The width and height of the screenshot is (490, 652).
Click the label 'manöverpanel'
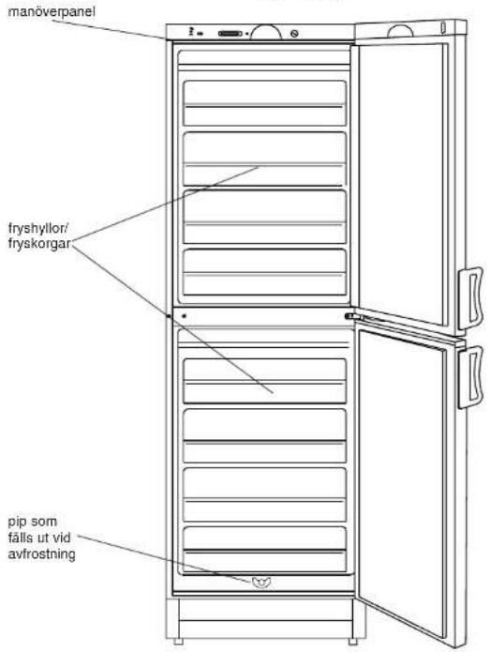(x=52, y=11)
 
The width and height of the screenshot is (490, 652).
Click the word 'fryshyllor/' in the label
(x=37, y=228)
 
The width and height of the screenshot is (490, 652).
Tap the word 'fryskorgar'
(x=39, y=244)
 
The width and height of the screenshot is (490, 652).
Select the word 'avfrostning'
(x=41, y=554)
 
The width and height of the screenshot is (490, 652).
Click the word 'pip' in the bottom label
(x=16, y=523)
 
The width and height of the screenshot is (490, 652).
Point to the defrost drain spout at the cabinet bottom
(x=261, y=583)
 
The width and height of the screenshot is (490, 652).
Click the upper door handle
(x=470, y=298)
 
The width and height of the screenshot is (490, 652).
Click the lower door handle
(x=470, y=377)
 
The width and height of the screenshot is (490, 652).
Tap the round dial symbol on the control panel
(x=294, y=34)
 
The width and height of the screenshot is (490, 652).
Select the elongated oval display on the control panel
(x=230, y=33)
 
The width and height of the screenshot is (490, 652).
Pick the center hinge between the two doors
(x=351, y=316)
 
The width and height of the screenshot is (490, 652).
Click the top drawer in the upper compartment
(x=264, y=103)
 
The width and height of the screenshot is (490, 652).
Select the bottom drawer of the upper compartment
(x=264, y=272)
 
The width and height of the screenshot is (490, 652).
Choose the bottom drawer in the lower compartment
(x=264, y=550)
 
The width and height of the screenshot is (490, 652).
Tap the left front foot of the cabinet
(x=178, y=641)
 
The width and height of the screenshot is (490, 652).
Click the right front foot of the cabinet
(x=352, y=641)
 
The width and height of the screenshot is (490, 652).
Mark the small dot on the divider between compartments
(x=184, y=316)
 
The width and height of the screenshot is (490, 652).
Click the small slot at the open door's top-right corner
(x=443, y=27)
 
